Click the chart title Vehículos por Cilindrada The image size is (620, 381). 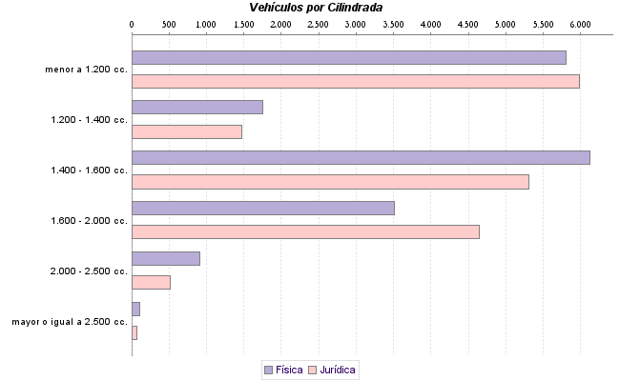(322, 7)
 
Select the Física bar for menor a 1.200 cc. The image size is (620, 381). (348, 57)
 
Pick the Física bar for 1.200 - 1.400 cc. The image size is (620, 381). (196, 108)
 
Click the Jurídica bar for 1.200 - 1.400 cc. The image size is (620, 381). (186, 131)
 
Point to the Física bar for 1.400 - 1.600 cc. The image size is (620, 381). (360, 157)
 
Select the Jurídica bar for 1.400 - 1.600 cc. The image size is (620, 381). (329, 182)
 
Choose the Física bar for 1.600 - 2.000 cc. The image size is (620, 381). (262, 208)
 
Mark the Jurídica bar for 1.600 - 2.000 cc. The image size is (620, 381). (304, 231)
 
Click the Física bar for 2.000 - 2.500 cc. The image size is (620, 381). (165, 258)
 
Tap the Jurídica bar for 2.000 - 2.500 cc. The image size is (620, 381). (150, 282)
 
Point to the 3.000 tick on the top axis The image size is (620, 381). (355, 22)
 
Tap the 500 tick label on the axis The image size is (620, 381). (168, 22)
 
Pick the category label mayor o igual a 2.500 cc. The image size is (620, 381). (70, 322)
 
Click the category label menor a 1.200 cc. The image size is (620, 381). (86, 70)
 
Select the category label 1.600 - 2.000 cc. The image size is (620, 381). (89, 221)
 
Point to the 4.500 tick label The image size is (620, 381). (467, 22)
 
